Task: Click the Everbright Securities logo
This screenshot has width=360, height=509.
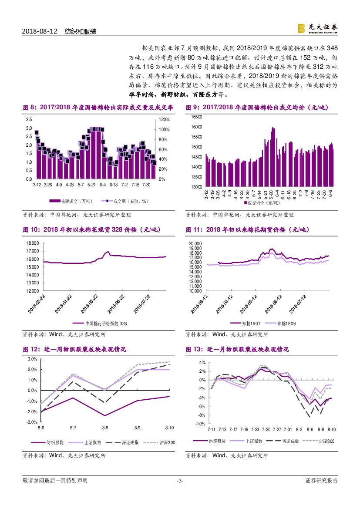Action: [x=317, y=28]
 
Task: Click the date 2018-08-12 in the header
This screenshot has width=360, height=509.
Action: [x=40, y=32]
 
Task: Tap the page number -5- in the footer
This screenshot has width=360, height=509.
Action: [x=180, y=481]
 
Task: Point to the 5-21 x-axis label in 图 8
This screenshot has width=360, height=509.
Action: [x=91, y=185]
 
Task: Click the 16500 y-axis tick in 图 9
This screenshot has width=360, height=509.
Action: [x=197, y=117]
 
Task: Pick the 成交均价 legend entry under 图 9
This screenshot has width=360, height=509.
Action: [x=262, y=203]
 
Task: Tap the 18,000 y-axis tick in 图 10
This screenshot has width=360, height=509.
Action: [x=32, y=243]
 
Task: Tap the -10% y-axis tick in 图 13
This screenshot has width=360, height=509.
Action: [x=200, y=424]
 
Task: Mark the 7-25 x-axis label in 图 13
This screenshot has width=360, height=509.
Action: [x=266, y=429]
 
